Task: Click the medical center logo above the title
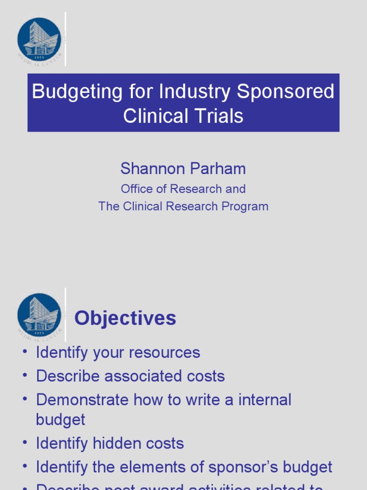39,39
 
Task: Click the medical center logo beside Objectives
39,314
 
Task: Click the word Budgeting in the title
77,92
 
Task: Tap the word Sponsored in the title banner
286,92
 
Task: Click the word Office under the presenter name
137,189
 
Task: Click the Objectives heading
125,318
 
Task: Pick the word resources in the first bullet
165,353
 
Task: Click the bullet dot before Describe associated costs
24,376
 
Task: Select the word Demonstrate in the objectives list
83,400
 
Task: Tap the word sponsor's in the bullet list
252,467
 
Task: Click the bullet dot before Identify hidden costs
24,443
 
